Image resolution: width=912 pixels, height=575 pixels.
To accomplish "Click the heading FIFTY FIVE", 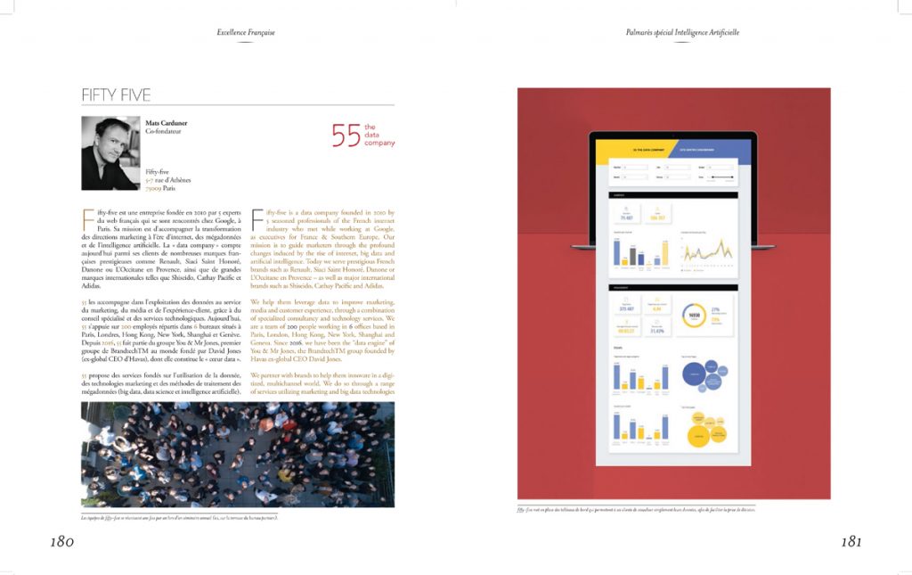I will (116, 95).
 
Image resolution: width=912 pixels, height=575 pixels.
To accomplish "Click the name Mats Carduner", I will (167, 123).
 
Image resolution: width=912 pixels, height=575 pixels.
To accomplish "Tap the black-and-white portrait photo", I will (110, 152).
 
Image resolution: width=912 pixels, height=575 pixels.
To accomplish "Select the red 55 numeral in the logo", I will (346, 135).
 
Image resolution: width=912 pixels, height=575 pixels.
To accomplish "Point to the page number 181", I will (850, 541).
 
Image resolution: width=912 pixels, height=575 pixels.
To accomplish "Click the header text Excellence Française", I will (246, 33).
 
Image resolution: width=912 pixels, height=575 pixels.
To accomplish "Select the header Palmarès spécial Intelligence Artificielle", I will (682, 33).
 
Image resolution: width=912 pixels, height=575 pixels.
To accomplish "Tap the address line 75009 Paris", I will (162, 189).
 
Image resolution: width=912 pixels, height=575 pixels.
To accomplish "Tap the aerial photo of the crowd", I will (237, 454).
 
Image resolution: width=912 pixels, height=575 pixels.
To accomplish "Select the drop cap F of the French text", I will (86, 217).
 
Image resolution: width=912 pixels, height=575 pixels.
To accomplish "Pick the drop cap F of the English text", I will (257, 217).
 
